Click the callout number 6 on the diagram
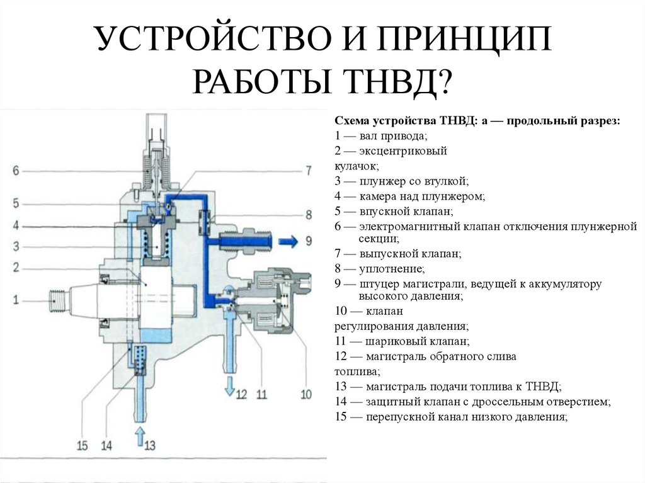(16, 170)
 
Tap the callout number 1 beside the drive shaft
(16, 299)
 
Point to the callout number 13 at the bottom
(149, 446)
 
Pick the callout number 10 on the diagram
(306, 395)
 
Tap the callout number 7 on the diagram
(308, 170)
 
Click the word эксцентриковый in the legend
(403, 151)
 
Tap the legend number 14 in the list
(341, 401)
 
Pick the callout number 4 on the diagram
(16, 225)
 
